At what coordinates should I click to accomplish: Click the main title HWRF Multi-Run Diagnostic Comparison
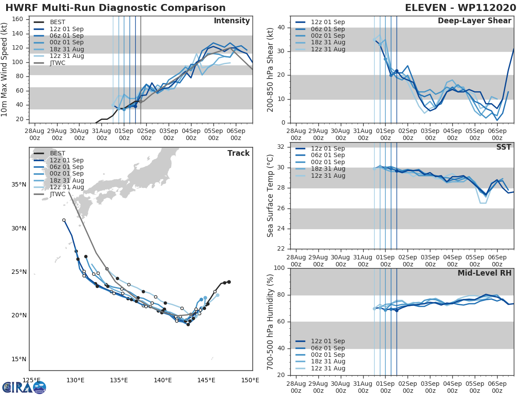pyautogui.click(x=116, y=8)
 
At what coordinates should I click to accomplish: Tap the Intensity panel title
pyautogui.click(x=231, y=21)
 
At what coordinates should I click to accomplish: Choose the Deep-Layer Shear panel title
pyautogui.click(x=474, y=21)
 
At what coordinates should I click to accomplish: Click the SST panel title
pyautogui.click(x=503, y=147)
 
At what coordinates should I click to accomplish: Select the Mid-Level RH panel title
pyautogui.click(x=484, y=273)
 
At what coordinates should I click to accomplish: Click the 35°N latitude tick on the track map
pyautogui.click(x=18, y=185)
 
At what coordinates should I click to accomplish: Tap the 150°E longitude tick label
pyautogui.click(x=250, y=380)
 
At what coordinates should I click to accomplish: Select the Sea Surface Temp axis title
pyautogui.click(x=271, y=196)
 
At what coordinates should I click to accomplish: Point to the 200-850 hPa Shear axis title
pyautogui.click(x=271, y=69)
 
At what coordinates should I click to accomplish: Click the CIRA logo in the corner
pyautogui.click(x=24, y=387)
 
